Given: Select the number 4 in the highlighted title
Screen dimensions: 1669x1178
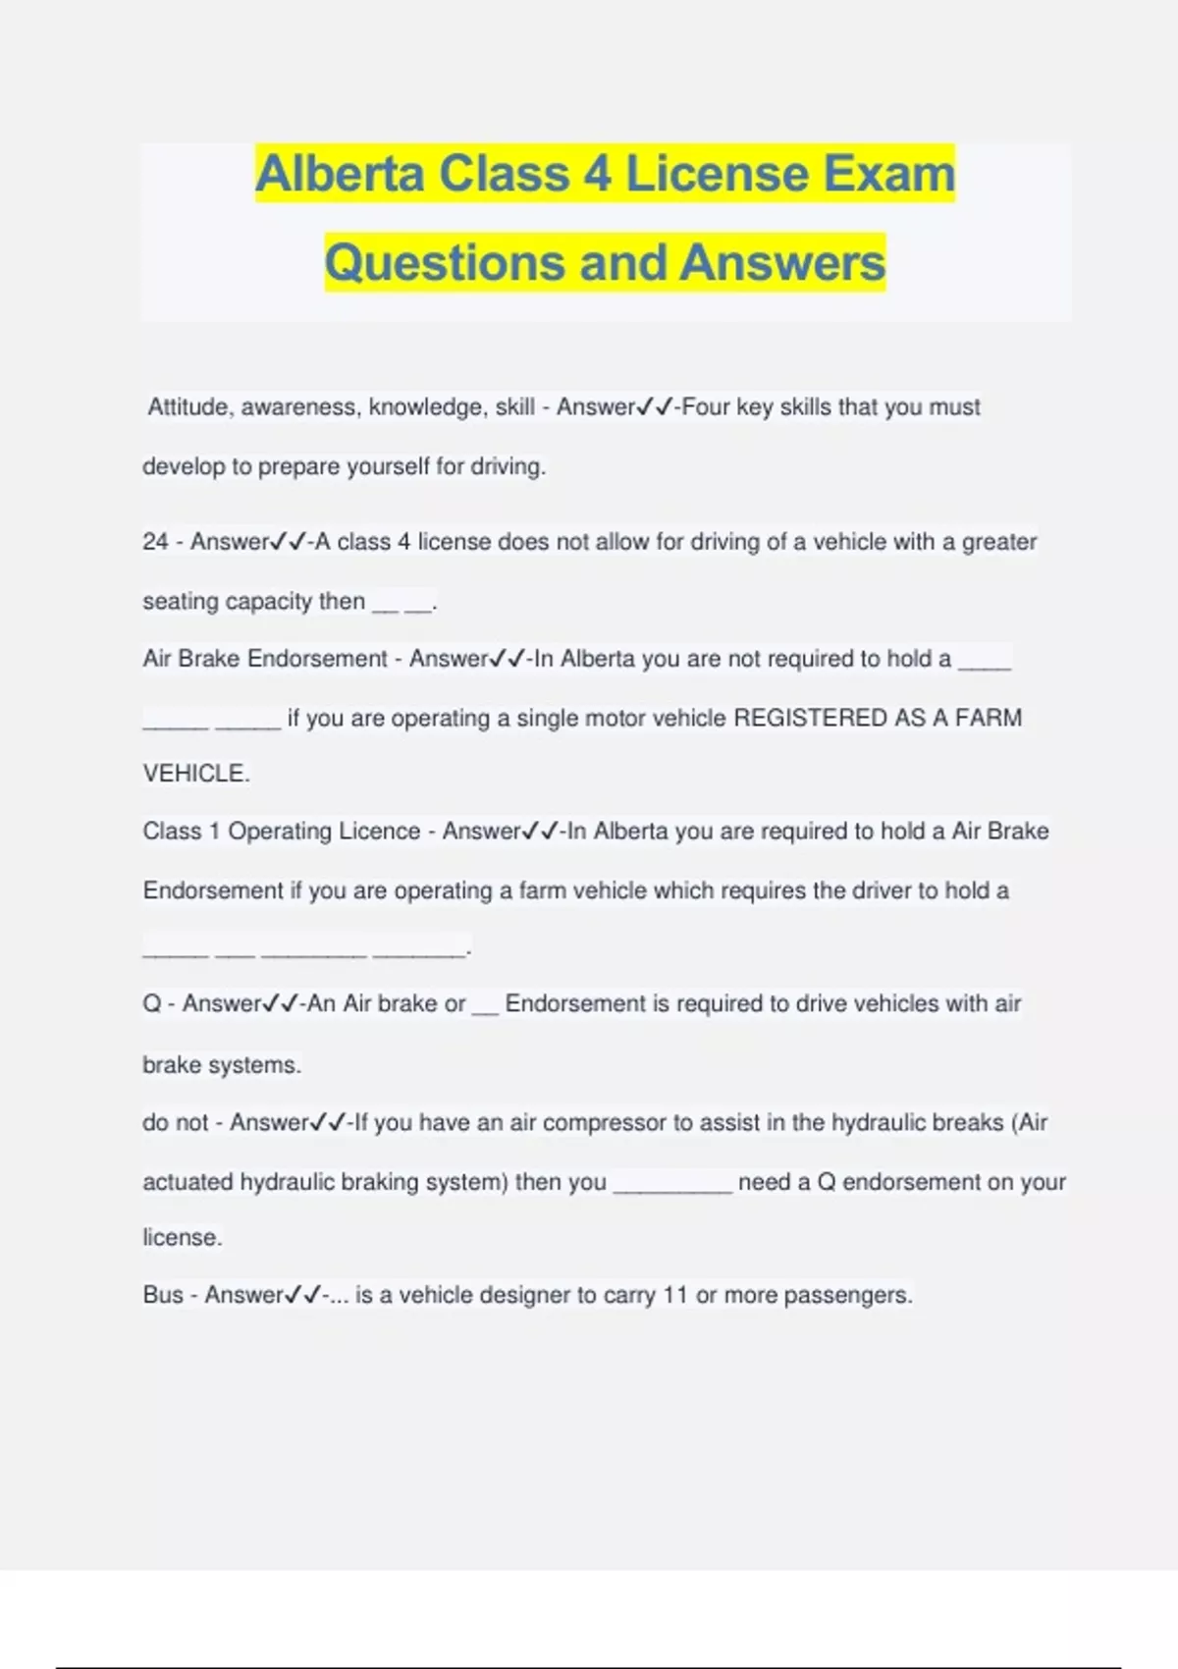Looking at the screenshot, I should [x=598, y=174].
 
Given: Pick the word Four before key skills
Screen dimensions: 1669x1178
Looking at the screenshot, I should [x=706, y=406].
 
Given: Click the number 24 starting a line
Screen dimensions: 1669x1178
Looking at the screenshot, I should [x=155, y=542].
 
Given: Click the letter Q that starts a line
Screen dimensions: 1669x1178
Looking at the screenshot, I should [x=151, y=1003].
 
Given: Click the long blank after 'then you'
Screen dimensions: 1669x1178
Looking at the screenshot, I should [x=672, y=1184].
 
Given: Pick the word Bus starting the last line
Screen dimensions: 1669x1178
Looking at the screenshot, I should [x=163, y=1295].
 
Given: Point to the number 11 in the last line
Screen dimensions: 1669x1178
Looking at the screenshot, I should [x=675, y=1295].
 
